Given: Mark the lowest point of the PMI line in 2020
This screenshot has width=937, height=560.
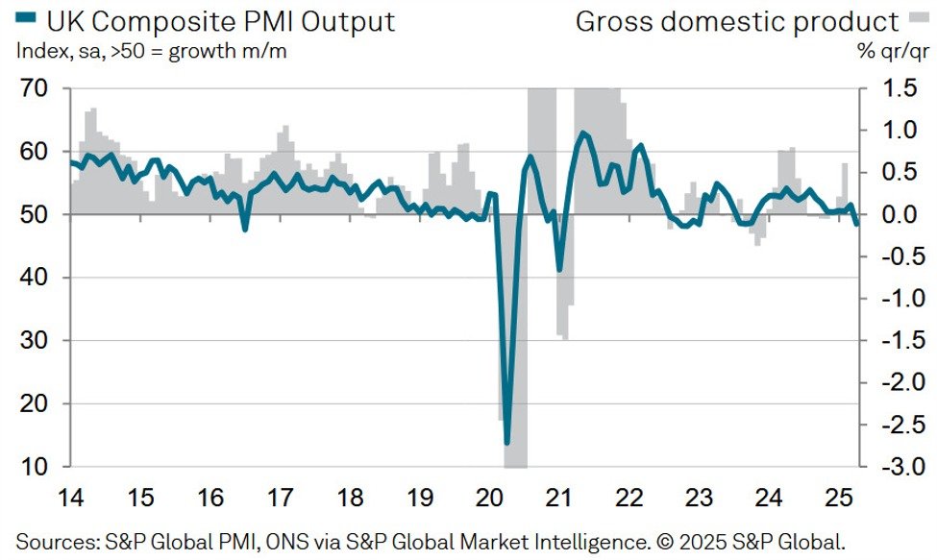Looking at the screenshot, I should coord(507,443).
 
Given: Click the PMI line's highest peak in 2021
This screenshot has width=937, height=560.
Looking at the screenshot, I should coord(582,133).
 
